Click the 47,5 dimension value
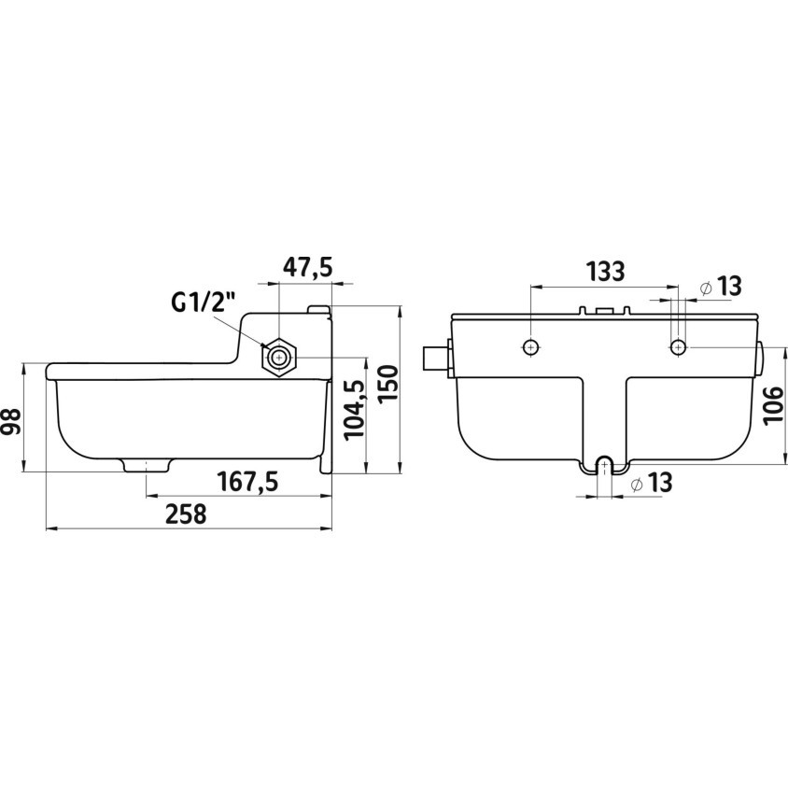pyautogui.click(x=307, y=267)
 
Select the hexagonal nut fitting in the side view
pyautogui.click(x=278, y=359)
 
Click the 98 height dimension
pyautogui.click(x=11, y=421)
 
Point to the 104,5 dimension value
pyautogui.click(x=354, y=409)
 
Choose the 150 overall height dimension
pyautogui.click(x=387, y=383)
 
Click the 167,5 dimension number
pyautogui.click(x=247, y=482)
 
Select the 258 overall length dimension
pyautogui.click(x=186, y=514)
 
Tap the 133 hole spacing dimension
pyautogui.click(x=606, y=272)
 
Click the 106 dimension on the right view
pyautogui.click(x=774, y=405)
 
